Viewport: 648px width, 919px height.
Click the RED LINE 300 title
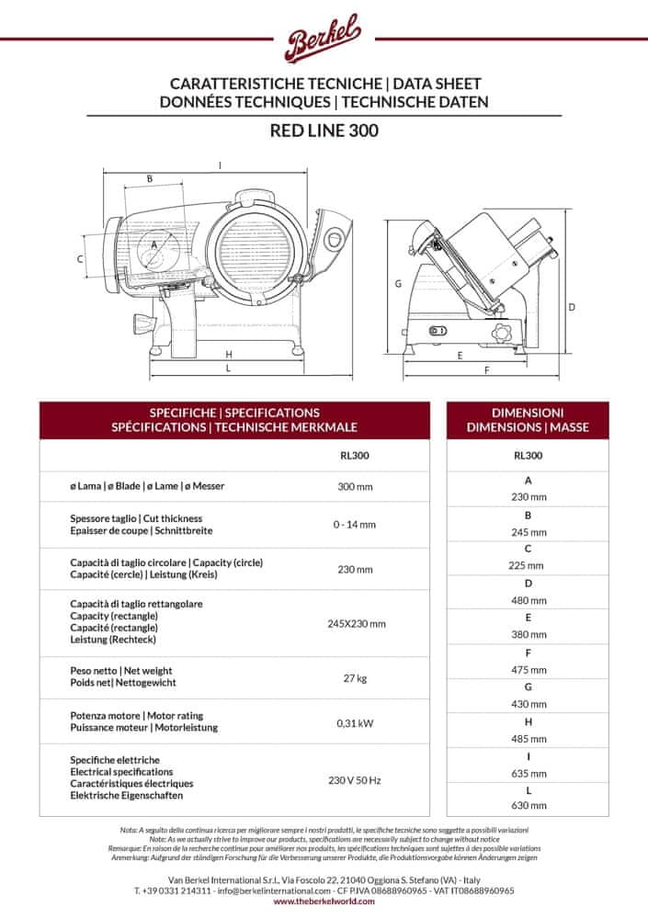click(324, 130)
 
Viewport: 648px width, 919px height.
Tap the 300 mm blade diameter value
click(355, 485)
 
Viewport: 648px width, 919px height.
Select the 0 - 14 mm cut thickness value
click(355, 525)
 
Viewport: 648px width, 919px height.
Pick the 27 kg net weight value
click(355, 677)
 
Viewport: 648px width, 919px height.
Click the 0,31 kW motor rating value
click(355, 721)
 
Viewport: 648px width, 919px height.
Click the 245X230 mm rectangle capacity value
click(355, 623)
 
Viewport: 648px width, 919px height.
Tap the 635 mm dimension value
click(528, 773)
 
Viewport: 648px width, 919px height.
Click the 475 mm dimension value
click(528, 670)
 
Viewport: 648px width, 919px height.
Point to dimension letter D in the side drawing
click(571, 307)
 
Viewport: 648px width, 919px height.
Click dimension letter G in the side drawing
click(398, 284)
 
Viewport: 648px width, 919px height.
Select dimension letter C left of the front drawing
click(81, 259)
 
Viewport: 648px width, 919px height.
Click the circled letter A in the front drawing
click(153, 244)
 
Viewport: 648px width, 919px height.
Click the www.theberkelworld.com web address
click(324, 902)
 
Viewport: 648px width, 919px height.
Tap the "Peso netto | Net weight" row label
click(121, 671)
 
